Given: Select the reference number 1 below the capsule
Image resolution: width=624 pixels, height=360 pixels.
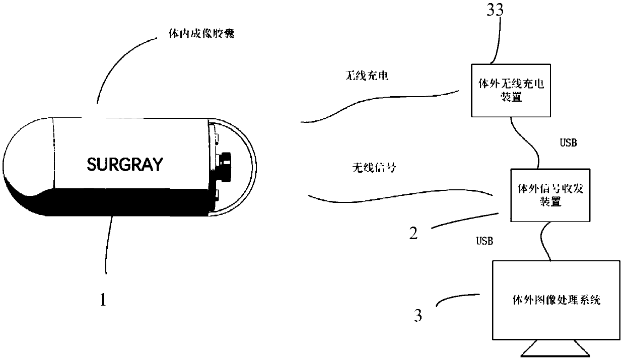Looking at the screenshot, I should [x=103, y=301].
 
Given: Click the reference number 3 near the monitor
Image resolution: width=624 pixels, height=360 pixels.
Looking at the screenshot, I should [x=417, y=316].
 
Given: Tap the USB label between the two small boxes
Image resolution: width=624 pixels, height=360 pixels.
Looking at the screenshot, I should [x=569, y=142].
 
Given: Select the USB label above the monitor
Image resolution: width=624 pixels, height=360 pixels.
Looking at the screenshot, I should [x=485, y=241].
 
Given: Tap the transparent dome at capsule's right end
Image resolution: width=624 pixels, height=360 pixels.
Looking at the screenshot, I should [x=244, y=166].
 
